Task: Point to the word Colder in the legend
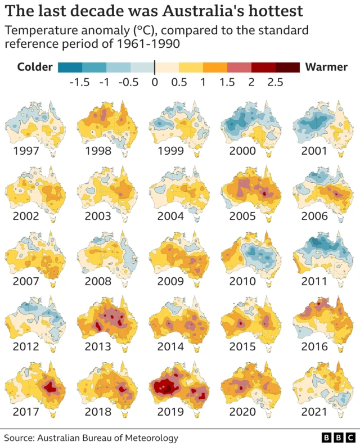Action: point(35,67)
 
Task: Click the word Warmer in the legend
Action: point(326,67)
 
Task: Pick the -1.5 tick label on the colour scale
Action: point(79,82)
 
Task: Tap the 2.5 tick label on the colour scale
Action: point(275,82)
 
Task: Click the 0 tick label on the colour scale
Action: point(155,82)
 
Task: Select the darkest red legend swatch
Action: point(287,67)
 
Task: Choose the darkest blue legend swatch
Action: point(70,67)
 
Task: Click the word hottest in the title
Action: point(267,11)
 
